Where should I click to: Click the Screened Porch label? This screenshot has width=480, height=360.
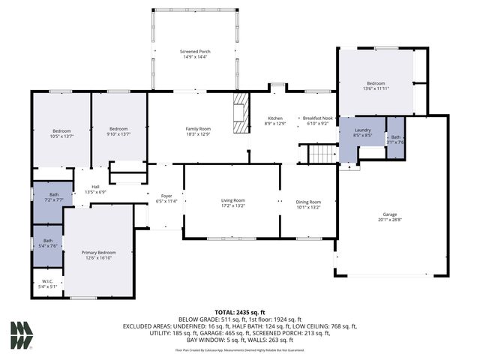coord(195,54)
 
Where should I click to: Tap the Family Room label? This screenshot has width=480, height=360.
coord(199,131)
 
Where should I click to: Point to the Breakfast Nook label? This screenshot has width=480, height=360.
coord(317,121)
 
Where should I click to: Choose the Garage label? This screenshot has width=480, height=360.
coord(390,217)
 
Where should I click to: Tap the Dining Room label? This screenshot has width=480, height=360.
coord(308,204)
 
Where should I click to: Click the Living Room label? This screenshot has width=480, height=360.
coord(232,203)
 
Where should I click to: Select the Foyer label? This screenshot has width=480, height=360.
coord(166,199)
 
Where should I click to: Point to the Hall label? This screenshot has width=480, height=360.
coord(96,189)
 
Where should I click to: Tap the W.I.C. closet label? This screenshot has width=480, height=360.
coord(47,283)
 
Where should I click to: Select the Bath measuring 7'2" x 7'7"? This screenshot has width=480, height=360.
coord(53,197)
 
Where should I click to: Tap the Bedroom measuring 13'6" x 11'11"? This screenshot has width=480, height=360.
coord(376,85)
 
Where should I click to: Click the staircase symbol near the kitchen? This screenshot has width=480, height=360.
coord(323,154)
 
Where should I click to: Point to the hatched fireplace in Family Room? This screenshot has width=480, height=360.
coord(240,112)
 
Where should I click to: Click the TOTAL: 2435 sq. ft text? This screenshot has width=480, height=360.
coord(240,311)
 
